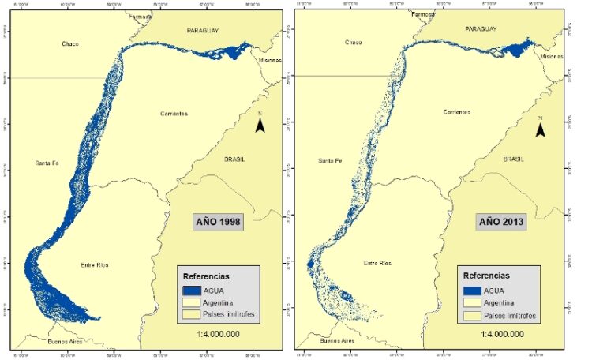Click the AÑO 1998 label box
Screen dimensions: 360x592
218,222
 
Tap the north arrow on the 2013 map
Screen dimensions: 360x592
541,129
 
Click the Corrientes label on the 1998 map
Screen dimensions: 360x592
173,114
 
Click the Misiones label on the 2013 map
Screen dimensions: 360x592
552,57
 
